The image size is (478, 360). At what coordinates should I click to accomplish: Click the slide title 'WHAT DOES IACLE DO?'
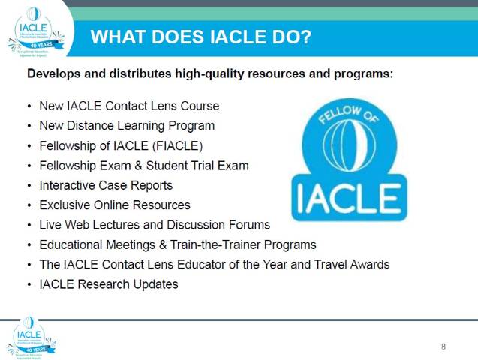pyautogui.click(x=200, y=37)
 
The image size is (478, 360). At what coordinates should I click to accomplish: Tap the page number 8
pyautogui.click(x=443, y=346)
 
